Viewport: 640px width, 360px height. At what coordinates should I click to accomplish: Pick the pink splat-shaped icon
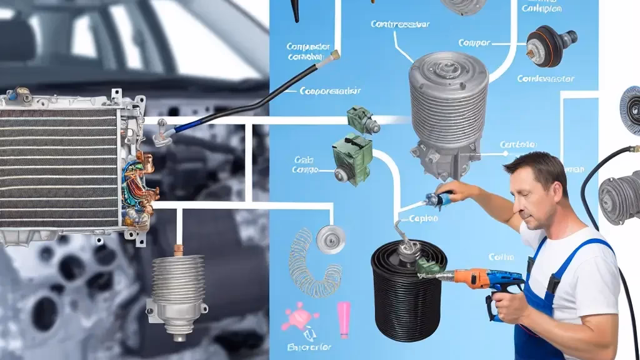point(299,316)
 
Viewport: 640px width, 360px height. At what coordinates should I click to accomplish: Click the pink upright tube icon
point(344,317)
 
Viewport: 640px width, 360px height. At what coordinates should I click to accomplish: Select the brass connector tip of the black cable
point(335,56)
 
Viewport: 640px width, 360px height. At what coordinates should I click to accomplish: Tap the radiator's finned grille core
point(59,169)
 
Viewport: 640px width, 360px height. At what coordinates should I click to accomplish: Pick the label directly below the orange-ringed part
point(541,79)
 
